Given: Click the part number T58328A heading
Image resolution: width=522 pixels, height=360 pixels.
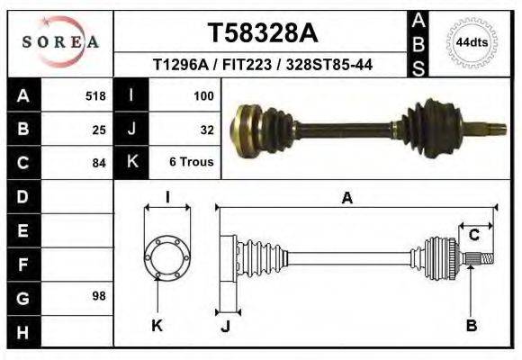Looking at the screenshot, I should pyautogui.click(x=263, y=33).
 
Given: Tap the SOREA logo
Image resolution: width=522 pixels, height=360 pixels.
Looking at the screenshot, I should pyautogui.click(x=59, y=41).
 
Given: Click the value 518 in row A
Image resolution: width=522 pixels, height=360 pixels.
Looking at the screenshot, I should pyautogui.click(x=95, y=95).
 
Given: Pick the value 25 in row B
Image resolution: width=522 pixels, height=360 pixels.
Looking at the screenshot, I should pyautogui.click(x=99, y=129).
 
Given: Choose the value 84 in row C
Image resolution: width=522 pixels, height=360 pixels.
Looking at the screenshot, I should pyautogui.click(x=99, y=163).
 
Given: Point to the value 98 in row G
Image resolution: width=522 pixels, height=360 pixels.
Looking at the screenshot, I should pyautogui.click(x=99, y=296).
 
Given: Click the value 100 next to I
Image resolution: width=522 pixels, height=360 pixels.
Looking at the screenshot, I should pyautogui.click(x=202, y=95).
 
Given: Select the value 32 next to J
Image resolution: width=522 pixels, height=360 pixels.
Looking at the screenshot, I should pyautogui.click(x=206, y=129).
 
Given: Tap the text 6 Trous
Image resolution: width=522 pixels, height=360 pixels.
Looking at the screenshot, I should pyautogui.click(x=192, y=162).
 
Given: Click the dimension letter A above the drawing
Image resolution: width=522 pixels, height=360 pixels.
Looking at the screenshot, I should pyautogui.click(x=346, y=200).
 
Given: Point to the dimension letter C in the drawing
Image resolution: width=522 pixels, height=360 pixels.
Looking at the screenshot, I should pyautogui.click(x=473, y=236).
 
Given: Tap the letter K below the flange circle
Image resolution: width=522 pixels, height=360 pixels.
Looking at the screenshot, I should pyautogui.click(x=157, y=326).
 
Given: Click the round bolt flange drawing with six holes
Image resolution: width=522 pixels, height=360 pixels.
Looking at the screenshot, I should pyautogui.click(x=167, y=256).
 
